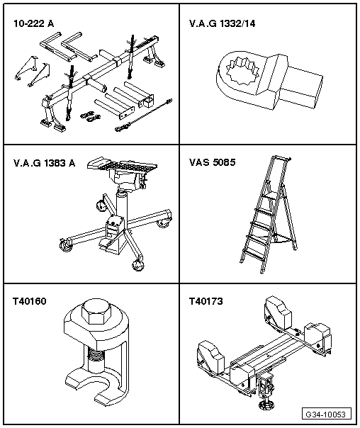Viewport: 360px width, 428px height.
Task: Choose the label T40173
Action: point(207,301)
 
